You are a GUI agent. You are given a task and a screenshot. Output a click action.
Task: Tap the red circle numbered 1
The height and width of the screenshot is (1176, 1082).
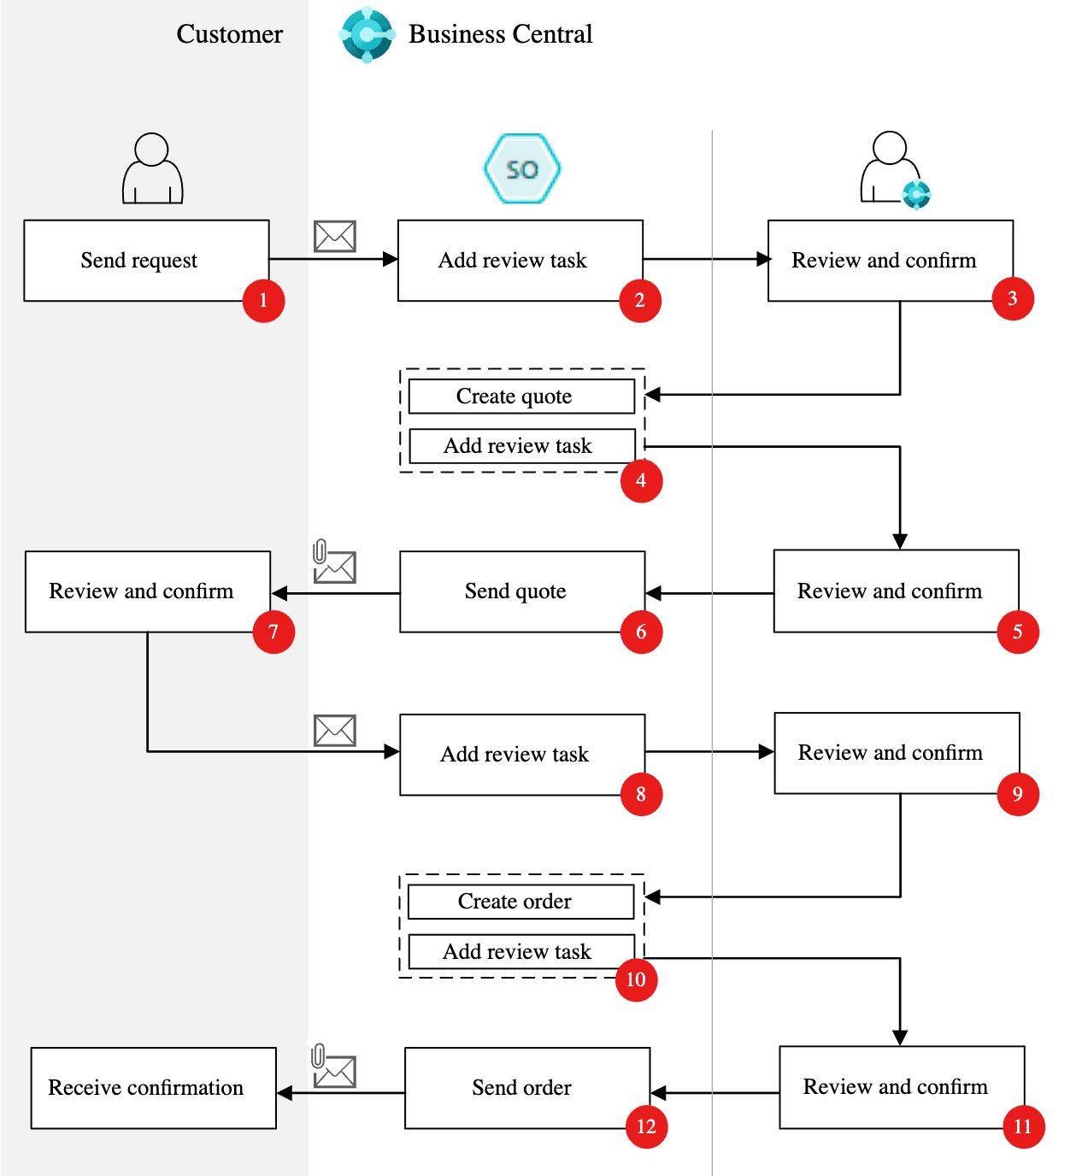[263, 301]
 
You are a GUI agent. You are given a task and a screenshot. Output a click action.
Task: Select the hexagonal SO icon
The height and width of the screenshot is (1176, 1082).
[522, 169]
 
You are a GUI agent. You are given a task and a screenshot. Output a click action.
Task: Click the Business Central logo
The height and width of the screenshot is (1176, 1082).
[368, 35]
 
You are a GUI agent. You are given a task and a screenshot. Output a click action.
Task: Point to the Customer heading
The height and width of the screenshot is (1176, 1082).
[229, 34]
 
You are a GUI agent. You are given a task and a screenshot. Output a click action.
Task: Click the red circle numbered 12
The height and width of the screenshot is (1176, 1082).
[646, 1126]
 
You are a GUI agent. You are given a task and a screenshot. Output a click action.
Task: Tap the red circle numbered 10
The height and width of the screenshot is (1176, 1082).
[636, 979]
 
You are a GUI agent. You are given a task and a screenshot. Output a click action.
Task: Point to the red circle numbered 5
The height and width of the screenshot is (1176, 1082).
[1018, 632]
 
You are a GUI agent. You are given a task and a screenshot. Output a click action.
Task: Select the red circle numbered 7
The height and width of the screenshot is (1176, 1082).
[273, 632]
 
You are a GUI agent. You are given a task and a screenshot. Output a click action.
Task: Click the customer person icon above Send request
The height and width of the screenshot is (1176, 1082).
[152, 168]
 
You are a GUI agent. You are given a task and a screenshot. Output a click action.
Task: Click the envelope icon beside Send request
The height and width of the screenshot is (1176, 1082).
[335, 237]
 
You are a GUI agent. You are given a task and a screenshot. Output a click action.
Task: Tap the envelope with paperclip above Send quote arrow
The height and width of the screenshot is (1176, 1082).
[333, 563]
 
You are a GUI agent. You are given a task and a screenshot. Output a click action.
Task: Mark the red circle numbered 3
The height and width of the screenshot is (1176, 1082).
[1013, 298]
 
